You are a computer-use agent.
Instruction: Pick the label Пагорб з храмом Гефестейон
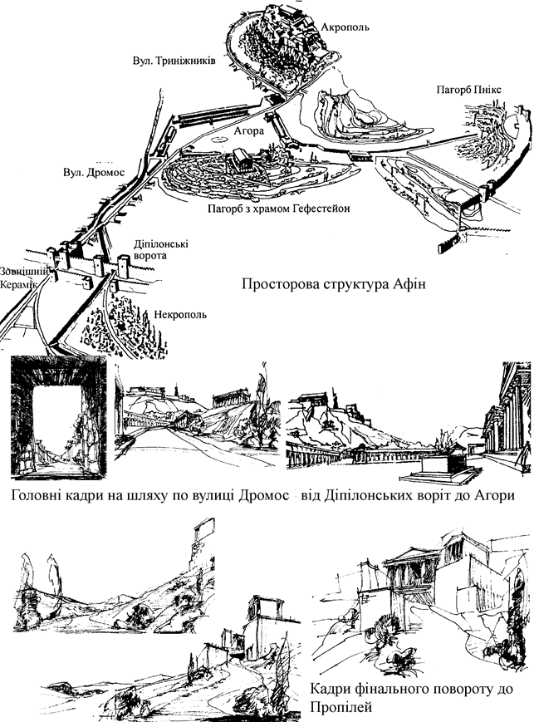point(277,208)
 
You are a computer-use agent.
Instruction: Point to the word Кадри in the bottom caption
point(331,690)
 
